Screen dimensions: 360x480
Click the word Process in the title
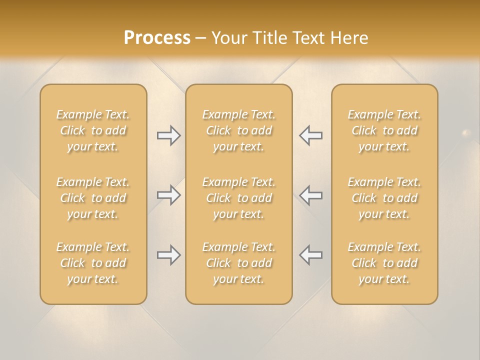157,38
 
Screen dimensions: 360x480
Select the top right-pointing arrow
169,135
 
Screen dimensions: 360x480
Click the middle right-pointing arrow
169,194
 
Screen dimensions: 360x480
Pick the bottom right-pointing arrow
169,255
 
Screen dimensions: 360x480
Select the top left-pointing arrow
310,135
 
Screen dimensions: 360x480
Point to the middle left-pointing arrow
310,194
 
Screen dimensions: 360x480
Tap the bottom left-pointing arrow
310,255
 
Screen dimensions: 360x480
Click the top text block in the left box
93,130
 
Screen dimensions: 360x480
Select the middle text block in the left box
93,198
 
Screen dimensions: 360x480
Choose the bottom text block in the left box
93,263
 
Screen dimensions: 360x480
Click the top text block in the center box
238,130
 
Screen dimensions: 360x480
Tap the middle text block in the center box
238,198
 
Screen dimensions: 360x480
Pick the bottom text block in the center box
238,263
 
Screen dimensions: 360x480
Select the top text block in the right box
384,130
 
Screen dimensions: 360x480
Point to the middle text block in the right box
384,198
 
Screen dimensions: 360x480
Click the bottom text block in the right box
384,263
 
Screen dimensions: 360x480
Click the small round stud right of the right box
466,133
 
